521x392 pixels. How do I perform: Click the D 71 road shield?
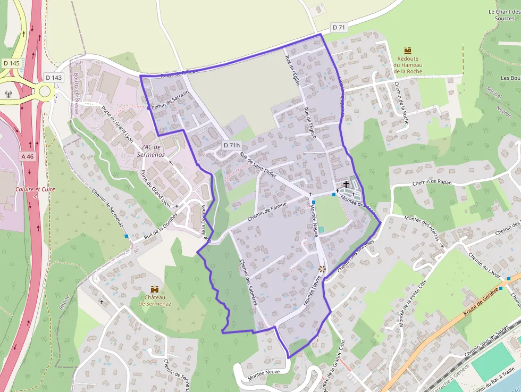click(339, 27)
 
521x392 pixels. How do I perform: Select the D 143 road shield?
click(54, 78)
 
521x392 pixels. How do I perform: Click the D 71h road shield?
click(232, 145)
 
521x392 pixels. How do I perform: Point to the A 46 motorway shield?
click(28, 156)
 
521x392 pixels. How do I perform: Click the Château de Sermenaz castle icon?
click(155, 289)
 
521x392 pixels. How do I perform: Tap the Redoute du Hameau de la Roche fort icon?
click(408, 51)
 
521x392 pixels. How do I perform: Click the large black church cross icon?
click(346, 185)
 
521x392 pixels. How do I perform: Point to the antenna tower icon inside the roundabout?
click(9, 94)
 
